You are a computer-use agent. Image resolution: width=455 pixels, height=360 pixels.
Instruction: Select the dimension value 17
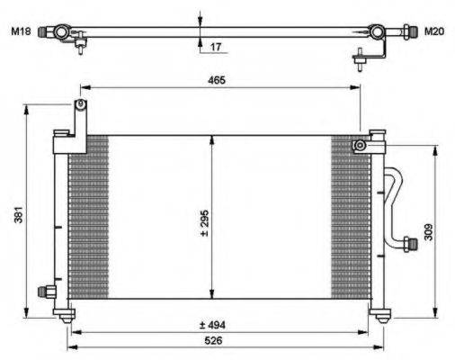(x=216, y=46)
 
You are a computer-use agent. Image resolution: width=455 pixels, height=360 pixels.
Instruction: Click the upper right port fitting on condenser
(x=360, y=145)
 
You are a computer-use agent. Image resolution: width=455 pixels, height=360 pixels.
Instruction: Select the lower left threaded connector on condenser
(x=44, y=291)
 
